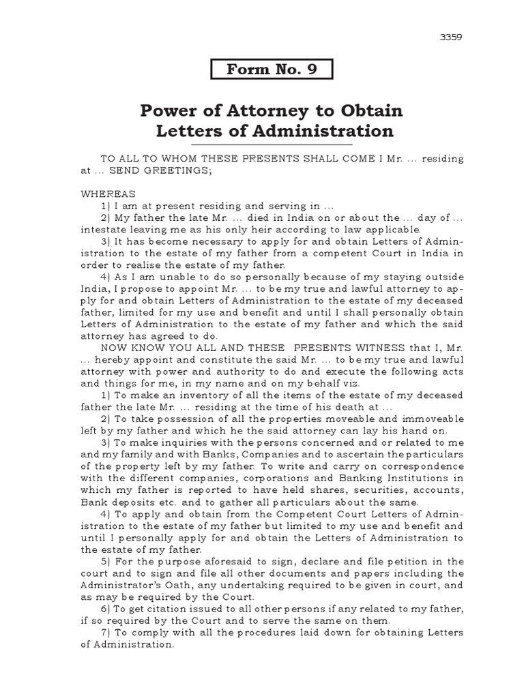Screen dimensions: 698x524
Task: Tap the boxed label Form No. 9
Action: coord(272,70)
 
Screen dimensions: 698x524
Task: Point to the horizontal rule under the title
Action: coord(272,145)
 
